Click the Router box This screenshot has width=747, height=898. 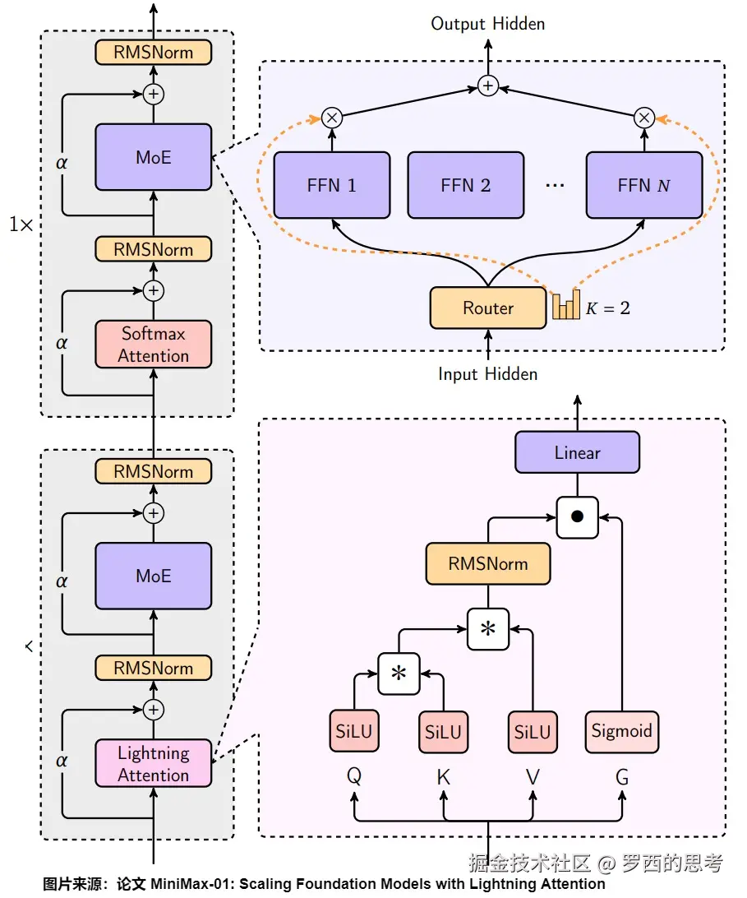point(488,308)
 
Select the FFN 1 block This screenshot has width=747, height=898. point(332,185)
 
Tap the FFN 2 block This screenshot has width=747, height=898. point(465,185)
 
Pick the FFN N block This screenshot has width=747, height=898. point(644,185)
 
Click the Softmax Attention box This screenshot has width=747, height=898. point(154,345)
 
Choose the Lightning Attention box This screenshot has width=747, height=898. point(154,764)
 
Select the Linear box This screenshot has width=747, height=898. point(577,453)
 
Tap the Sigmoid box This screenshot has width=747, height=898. point(622,731)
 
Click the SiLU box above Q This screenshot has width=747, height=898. point(354,731)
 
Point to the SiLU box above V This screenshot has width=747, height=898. point(533,731)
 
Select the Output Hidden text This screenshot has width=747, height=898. point(488,24)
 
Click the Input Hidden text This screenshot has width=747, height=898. point(488,374)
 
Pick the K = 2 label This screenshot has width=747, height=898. point(608,309)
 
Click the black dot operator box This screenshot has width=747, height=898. point(578,517)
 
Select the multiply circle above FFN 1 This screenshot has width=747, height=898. point(332,118)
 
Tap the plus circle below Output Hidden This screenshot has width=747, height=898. point(488,86)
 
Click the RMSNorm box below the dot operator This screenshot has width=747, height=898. point(488,564)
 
